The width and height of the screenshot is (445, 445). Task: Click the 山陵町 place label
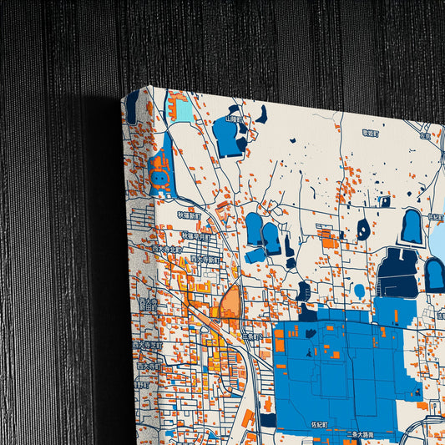pyautogui.click(x=235, y=120)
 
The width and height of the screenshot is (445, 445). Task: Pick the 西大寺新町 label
pyautogui.click(x=204, y=260)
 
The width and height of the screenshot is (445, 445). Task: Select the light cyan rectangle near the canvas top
pyautogui.click(x=180, y=109)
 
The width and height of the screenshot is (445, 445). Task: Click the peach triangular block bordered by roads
pyautogui.click(x=230, y=301)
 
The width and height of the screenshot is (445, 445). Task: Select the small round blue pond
pyautogui.click(x=359, y=291)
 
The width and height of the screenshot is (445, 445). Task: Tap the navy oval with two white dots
pyautogui.click(x=364, y=229)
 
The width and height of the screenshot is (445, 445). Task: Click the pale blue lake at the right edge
pyautogui.click(x=437, y=238)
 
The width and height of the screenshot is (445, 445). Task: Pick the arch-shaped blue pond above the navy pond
pyautogui.click(x=411, y=226)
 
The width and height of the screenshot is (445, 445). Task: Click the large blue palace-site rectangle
pyautogui.click(x=334, y=367)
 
